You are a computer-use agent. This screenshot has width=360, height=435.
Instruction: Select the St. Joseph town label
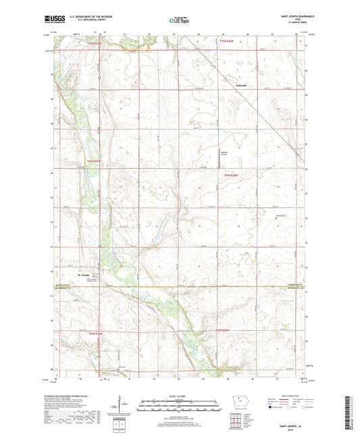pyautogui.click(x=84, y=274)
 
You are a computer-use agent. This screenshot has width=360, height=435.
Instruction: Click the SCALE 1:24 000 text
pyautogui.click(x=180, y=396)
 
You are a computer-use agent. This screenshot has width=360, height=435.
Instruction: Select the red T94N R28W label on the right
pyautogui.click(x=232, y=175)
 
